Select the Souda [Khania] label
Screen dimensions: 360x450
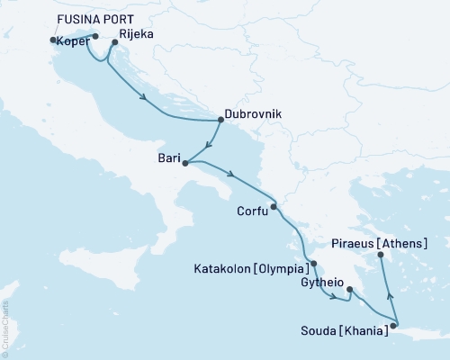pyautogui.click(x=343, y=330)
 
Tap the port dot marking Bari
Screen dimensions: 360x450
pyautogui.click(x=184, y=163)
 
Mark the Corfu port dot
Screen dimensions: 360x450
pyautogui.click(x=274, y=208)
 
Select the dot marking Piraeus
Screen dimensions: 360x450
pyautogui.click(x=381, y=256)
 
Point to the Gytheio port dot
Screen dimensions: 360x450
pyautogui.click(x=350, y=290)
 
